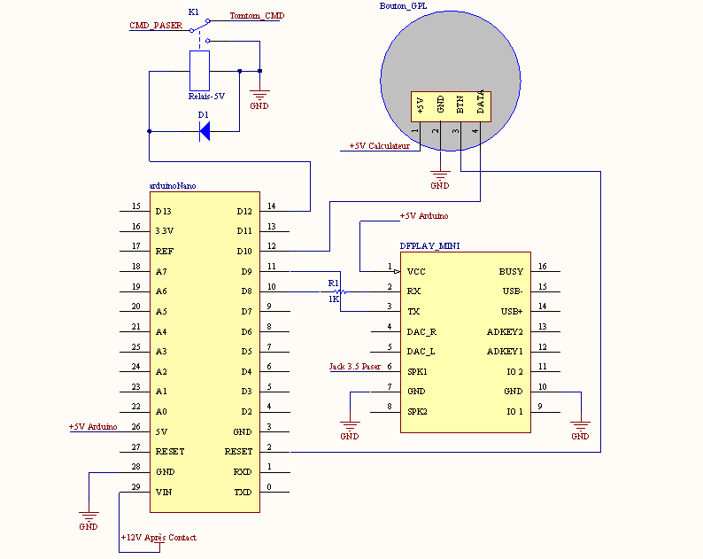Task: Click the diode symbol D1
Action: [205, 131]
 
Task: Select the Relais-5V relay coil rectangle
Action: [199, 71]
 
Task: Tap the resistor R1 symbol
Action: [339, 291]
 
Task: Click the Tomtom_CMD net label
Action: [257, 16]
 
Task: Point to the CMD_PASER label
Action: [156, 26]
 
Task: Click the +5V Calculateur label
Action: [379, 146]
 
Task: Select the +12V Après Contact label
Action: [158, 538]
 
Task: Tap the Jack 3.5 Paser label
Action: [355, 367]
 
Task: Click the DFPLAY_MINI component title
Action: [429, 246]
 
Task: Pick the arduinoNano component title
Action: [173, 186]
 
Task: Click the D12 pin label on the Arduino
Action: [244, 212]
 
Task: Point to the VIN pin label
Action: [164, 493]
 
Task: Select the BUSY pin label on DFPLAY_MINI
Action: [511, 272]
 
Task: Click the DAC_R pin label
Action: [421, 332]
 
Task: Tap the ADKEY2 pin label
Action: [505, 332]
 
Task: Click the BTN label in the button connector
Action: [460, 105]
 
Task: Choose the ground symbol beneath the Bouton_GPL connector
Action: [440, 175]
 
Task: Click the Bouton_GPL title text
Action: [403, 6]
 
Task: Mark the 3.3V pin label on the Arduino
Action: [164, 231]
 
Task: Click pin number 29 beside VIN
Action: [135, 487]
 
